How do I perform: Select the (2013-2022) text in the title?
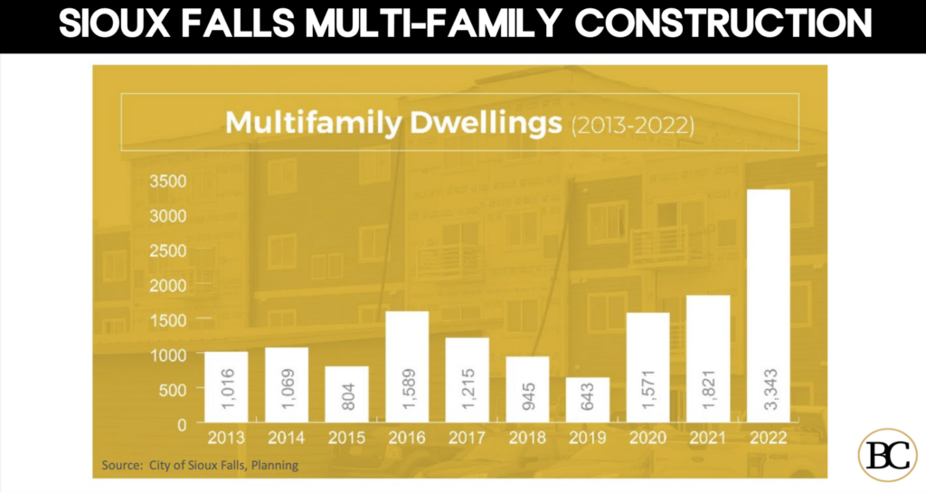[632, 125]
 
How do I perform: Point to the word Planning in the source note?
[273, 466]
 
